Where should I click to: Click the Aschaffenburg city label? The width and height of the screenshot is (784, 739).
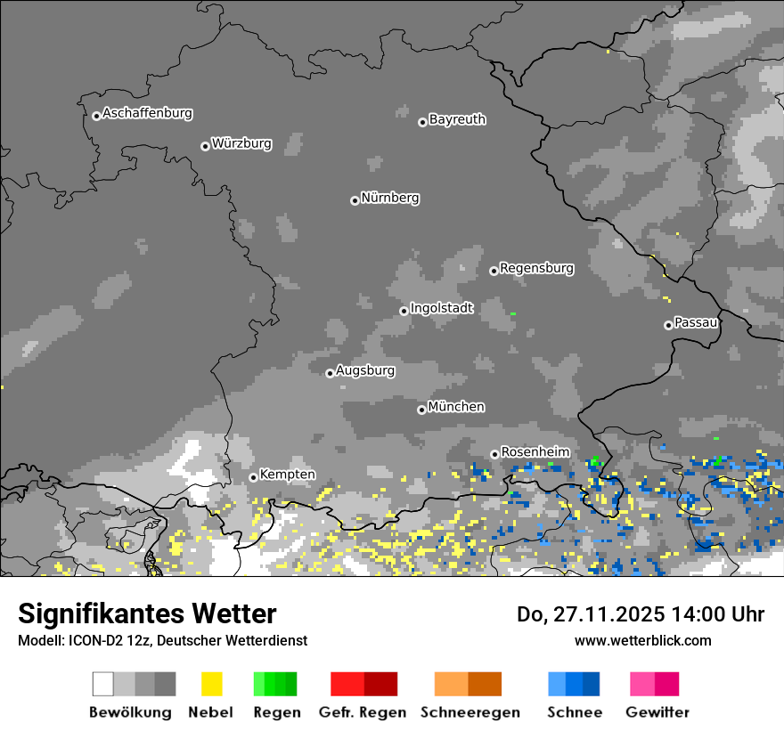[x=147, y=113]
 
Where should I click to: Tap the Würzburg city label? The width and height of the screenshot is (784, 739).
[x=241, y=143]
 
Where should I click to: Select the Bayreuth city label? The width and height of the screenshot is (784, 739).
[x=457, y=119]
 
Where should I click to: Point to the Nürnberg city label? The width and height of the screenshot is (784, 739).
[x=390, y=198]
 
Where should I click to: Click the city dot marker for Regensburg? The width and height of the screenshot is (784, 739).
[x=494, y=271]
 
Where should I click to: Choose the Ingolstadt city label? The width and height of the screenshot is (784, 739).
[x=442, y=308]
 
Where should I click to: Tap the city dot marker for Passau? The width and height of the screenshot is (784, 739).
[x=668, y=325]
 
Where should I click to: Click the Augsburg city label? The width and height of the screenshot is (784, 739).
[x=365, y=370]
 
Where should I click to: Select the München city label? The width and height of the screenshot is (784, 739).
[x=456, y=407]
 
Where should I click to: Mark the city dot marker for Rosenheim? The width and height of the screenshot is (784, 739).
[x=494, y=455]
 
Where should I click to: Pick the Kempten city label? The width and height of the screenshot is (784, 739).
[x=287, y=475]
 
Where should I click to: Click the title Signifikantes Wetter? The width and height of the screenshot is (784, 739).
[x=147, y=614]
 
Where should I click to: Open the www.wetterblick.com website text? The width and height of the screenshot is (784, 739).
[x=642, y=640]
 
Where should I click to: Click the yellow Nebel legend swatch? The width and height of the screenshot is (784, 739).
[x=211, y=684]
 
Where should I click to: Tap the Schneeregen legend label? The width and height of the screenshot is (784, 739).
[x=468, y=712]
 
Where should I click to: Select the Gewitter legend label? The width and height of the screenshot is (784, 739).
[x=657, y=712]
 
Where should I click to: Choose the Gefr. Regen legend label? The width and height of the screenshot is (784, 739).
[x=363, y=712]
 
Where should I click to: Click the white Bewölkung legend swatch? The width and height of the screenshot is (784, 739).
[x=103, y=684]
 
